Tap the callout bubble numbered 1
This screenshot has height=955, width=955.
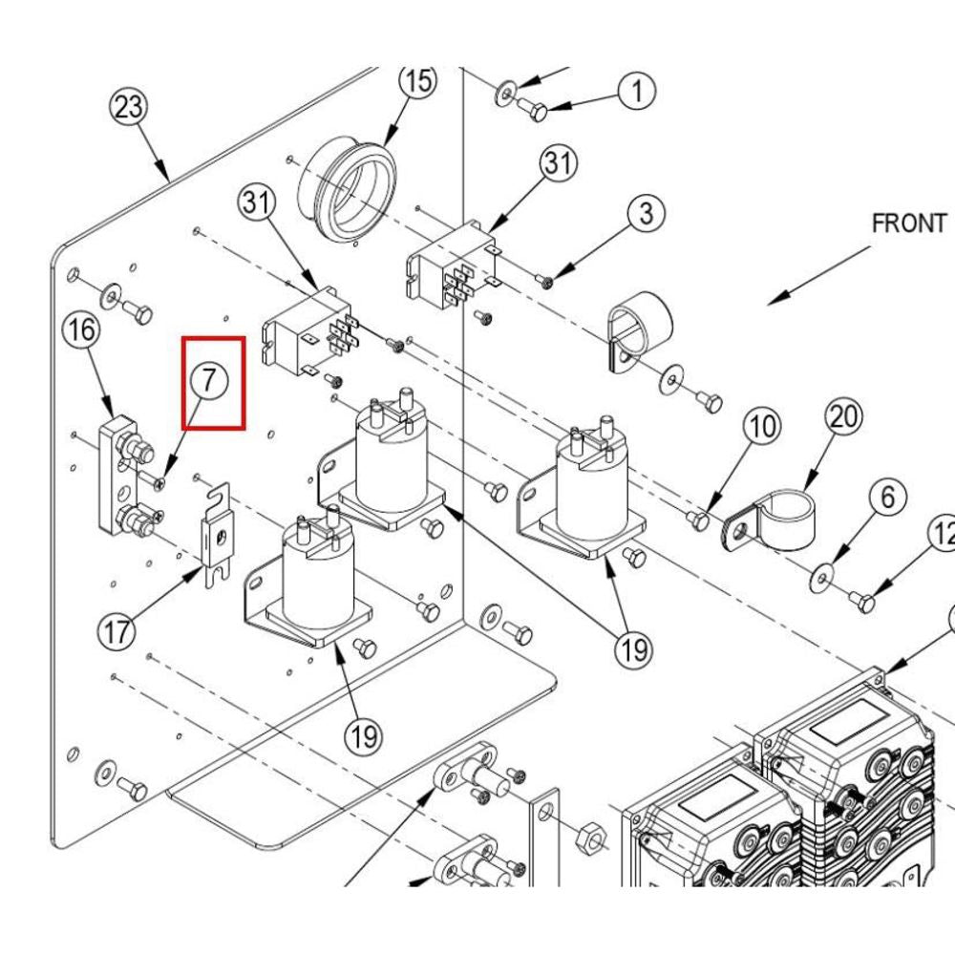click(637, 92)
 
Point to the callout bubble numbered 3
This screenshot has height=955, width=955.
click(647, 213)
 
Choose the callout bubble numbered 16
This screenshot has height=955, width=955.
click(82, 331)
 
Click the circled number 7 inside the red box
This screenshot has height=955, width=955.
click(210, 380)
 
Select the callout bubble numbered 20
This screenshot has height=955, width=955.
click(844, 417)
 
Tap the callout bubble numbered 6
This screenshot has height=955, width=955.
click(887, 497)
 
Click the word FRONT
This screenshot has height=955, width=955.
click(908, 223)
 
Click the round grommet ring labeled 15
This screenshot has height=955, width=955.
click(348, 187)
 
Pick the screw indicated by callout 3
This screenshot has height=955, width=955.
click(546, 281)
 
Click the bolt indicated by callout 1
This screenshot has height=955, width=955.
click(535, 113)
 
